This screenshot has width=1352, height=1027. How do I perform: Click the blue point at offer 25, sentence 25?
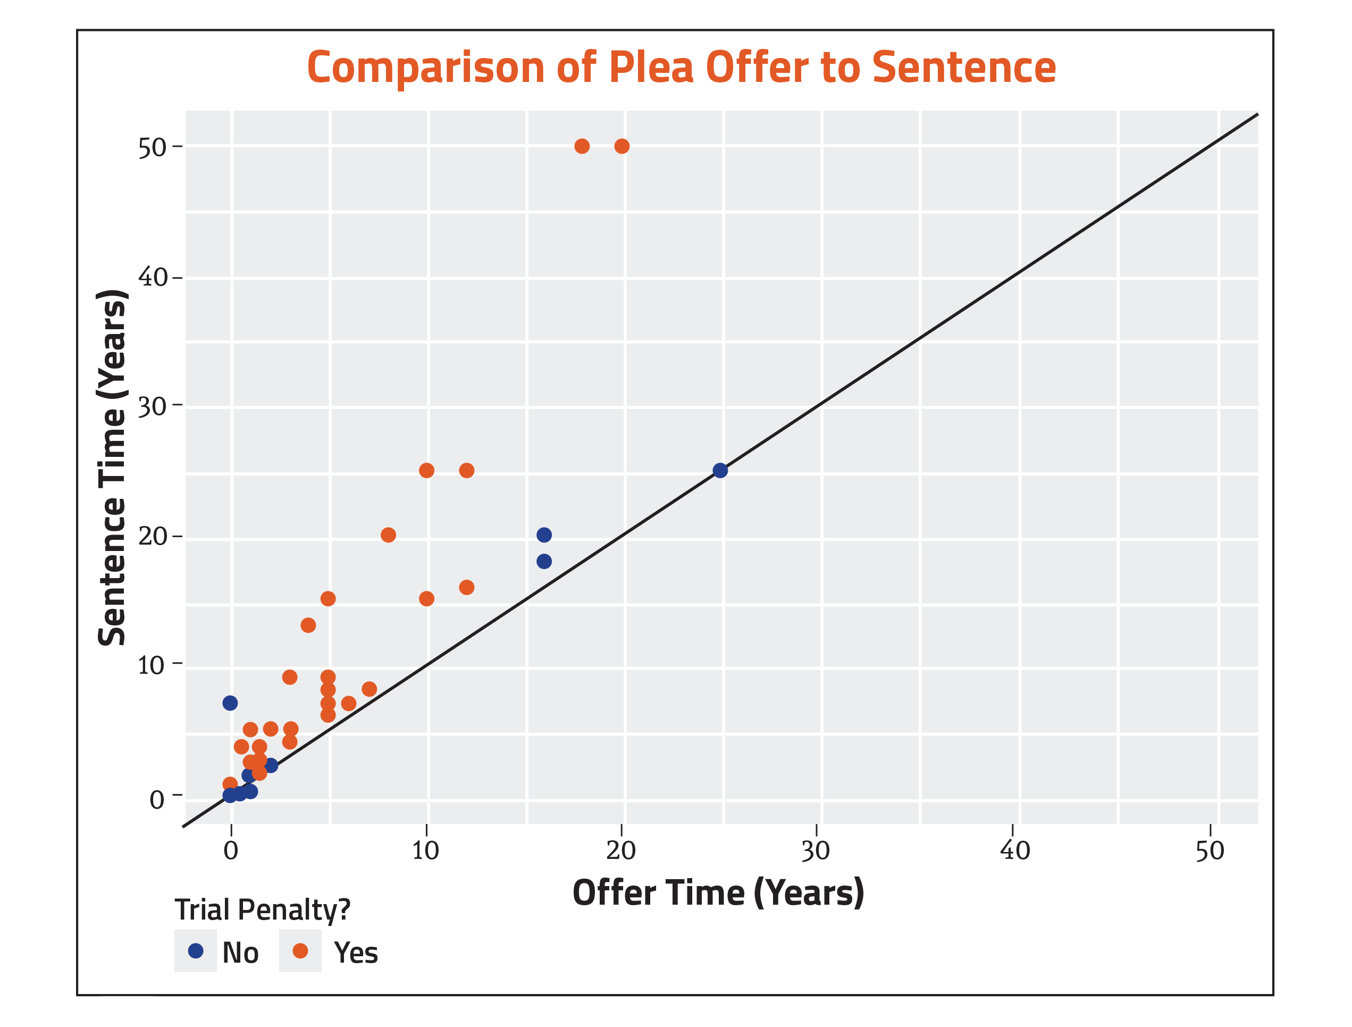pyautogui.click(x=720, y=471)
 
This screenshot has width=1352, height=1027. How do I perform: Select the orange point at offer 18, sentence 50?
pyautogui.click(x=582, y=146)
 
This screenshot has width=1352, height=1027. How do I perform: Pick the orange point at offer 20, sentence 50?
pyautogui.click(x=622, y=146)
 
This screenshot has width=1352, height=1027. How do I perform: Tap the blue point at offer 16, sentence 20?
pyautogui.click(x=544, y=535)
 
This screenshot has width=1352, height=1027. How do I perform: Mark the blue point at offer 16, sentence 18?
pyautogui.click(x=544, y=561)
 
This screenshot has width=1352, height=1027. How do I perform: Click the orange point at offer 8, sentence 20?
pyautogui.click(x=388, y=535)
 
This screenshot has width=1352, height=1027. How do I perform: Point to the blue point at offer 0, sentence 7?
pyautogui.click(x=230, y=703)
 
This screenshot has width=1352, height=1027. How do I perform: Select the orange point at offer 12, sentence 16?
pyautogui.click(x=466, y=588)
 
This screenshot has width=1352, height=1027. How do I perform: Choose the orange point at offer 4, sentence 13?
pyautogui.click(x=308, y=625)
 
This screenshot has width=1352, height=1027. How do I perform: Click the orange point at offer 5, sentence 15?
pyautogui.click(x=327, y=598)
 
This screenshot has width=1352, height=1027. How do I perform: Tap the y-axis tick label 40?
pyautogui.click(x=152, y=278)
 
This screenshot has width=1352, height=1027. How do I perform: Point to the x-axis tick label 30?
pyautogui.click(x=816, y=851)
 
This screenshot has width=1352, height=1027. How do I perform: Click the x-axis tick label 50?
pyautogui.click(x=1210, y=851)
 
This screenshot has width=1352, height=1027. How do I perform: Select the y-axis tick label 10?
pyautogui.click(x=152, y=665)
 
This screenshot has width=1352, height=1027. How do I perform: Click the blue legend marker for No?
pyautogui.click(x=196, y=950)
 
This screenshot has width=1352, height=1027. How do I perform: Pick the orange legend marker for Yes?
pyautogui.click(x=300, y=950)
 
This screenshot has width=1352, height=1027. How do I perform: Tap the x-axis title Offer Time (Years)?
pyautogui.click(x=718, y=893)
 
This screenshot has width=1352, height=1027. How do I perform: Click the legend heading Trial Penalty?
pyautogui.click(x=263, y=910)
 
